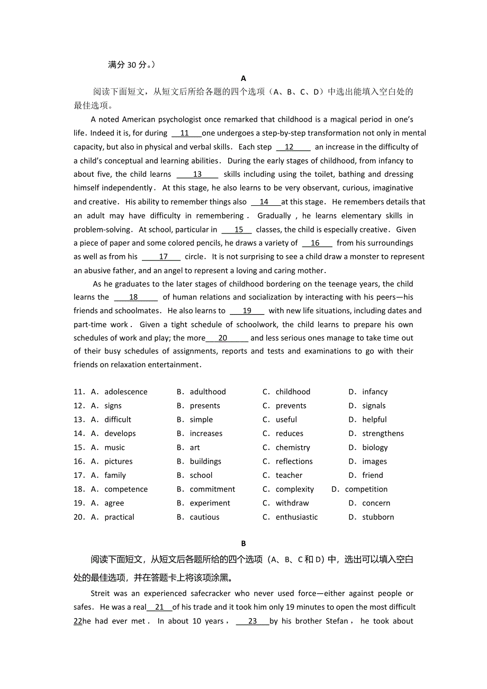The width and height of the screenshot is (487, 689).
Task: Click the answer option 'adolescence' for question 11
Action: tap(126, 392)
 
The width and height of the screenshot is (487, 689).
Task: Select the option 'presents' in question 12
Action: tap(205, 406)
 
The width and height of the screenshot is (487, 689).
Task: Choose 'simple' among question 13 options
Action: tap(201, 420)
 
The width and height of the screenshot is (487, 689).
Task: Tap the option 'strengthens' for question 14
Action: tap(383, 433)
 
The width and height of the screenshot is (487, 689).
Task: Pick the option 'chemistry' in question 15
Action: tap(293, 448)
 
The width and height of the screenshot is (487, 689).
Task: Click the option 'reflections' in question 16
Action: tap(294, 461)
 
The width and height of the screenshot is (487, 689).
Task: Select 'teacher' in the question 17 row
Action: tap(289, 475)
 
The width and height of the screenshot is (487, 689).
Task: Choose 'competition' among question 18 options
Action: tap(366, 489)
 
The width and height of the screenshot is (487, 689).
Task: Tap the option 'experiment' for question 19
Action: tap(210, 503)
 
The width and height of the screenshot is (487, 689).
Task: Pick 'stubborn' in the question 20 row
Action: tap(378, 517)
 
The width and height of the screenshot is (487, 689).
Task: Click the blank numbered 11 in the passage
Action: tap(185, 133)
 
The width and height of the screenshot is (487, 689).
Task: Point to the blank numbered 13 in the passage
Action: tap(197, 174)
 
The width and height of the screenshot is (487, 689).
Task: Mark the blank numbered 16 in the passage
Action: tap(315, 243)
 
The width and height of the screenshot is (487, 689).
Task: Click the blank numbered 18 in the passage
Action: tap(134, 297)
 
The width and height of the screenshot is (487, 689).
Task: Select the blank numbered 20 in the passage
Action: tap(223, 338)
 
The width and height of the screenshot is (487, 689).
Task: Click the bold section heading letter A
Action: tap(243, 78)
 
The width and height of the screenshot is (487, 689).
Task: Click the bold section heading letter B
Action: tap(243, 543)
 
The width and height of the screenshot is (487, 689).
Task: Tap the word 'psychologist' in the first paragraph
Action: tap(183, 120)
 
